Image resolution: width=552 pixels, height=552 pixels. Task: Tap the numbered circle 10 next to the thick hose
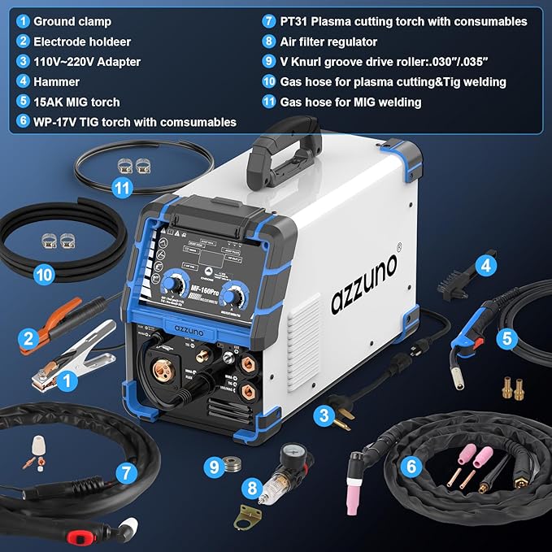(46, 275)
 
